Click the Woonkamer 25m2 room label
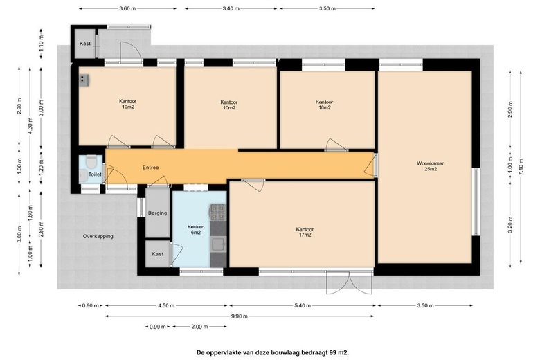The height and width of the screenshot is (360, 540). click(430, 166)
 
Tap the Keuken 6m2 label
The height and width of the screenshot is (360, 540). click(196, 229)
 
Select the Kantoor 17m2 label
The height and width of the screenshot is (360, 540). click(305, 232)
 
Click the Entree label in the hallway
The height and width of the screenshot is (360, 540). click(150, 168)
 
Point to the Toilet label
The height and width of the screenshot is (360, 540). click(95, 174)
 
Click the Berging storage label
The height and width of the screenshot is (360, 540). click(157, 213)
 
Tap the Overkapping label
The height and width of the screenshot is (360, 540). click(98, 236)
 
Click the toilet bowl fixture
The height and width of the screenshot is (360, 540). click(91, 161)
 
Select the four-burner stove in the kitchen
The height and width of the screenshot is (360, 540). click(217, 212)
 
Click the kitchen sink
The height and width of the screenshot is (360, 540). click(218, 244)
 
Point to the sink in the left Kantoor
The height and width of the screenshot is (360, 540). click(84, 80)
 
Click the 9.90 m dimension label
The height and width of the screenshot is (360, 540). click(239, 316)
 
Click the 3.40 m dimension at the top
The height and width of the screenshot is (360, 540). click(231, 8)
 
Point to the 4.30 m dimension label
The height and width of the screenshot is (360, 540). click(30, 125)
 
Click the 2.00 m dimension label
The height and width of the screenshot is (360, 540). click(200, 327)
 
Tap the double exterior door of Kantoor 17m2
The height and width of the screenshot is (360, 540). click(349, 282)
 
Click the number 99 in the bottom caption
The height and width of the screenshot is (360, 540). click(332, 352)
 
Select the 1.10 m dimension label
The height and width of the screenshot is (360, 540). click(41, 43)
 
